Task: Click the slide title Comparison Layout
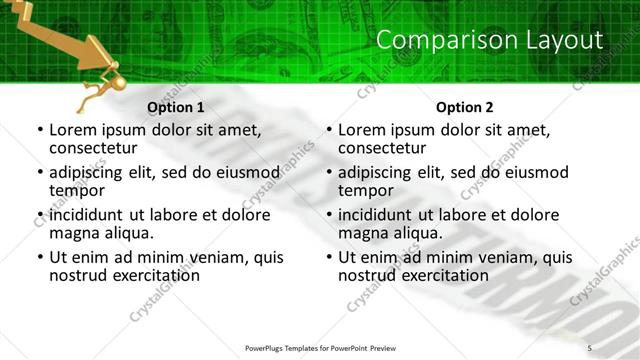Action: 491,40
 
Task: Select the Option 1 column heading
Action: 175,107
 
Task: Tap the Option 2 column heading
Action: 464,107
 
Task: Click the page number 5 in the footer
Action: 590,347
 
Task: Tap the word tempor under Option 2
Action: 367,191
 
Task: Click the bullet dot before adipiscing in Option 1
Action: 40,173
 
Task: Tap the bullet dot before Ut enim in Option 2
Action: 329,258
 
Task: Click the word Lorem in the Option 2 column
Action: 363,130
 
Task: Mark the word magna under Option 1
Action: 73,234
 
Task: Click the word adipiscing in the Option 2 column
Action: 378,172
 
